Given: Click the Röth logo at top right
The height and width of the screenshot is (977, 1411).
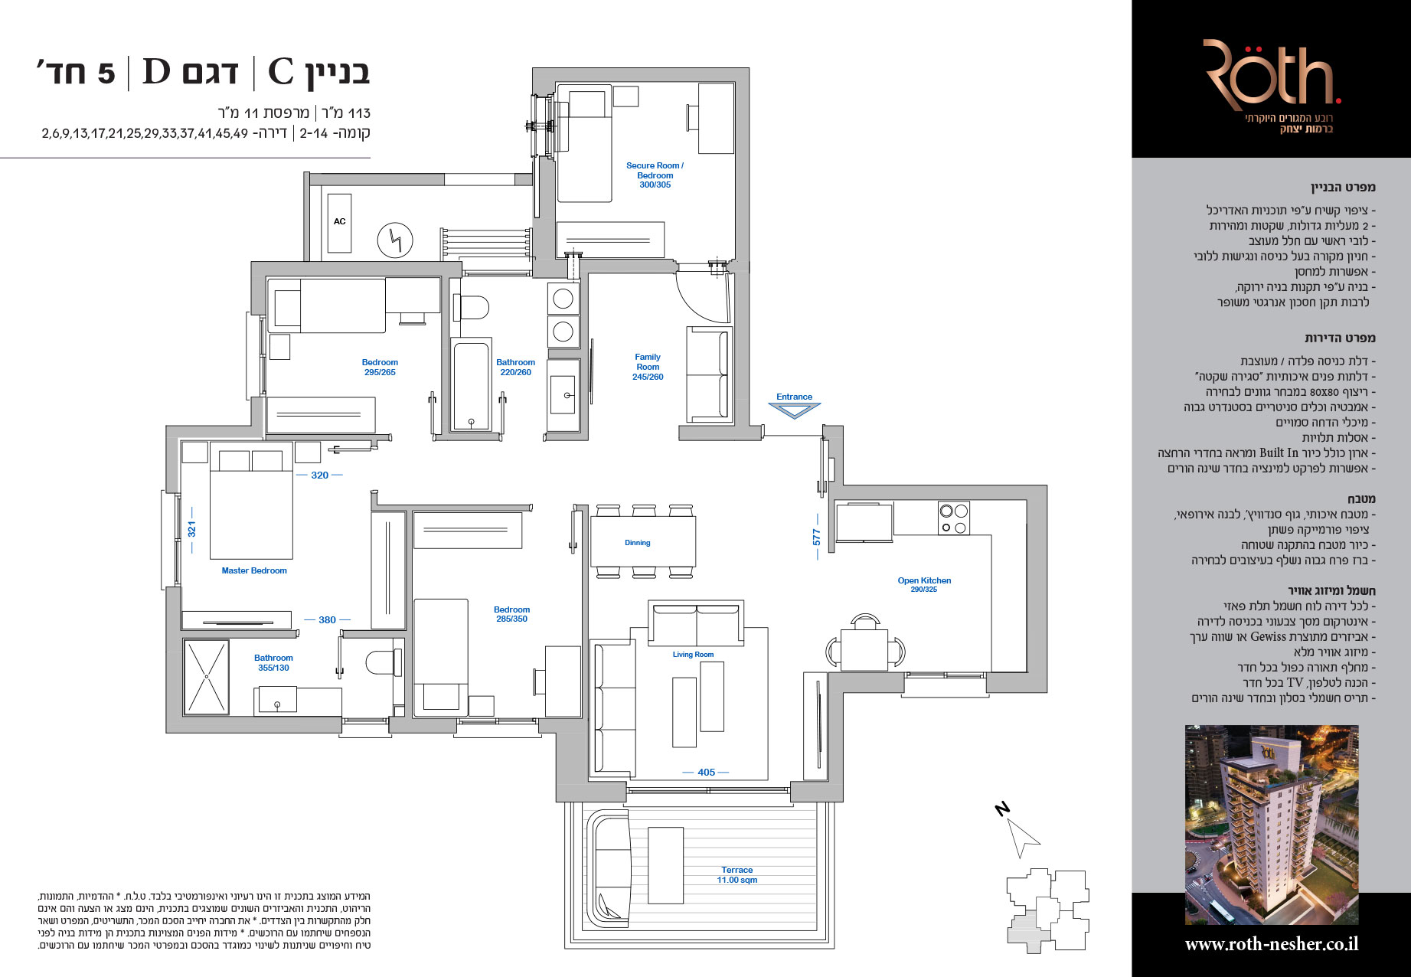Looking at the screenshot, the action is click(1272, 75).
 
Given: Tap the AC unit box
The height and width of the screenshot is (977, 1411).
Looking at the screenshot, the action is click(340, 223).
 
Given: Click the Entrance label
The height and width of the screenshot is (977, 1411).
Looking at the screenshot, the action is click(794, 397).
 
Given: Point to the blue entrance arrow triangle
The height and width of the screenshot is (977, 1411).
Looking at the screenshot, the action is click(795, 411).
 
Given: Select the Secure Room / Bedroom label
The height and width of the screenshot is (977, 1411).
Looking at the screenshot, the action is click(655, 175).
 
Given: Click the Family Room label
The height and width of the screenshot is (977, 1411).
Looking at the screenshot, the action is click(648, 367).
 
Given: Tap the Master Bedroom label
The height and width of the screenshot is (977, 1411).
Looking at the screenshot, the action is click(254, 570).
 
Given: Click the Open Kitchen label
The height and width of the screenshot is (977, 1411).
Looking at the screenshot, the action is click(924, 584).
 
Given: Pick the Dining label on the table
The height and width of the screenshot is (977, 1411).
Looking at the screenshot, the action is click(637, 543).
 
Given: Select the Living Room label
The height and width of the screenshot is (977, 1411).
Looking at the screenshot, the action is click(693, 655).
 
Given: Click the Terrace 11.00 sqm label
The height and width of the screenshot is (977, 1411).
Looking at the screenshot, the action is click(737, 875).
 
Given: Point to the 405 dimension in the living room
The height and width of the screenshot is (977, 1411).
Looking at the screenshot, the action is click(706, 773).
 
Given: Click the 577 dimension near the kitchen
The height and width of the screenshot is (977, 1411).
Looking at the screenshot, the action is click(817, 537).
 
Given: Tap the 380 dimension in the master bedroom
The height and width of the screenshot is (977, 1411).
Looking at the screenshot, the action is click(327, 620).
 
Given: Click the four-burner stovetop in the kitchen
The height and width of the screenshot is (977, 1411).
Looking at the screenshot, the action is click(954, 518).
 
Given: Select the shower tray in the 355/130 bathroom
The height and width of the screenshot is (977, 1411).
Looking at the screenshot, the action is click(206, 677).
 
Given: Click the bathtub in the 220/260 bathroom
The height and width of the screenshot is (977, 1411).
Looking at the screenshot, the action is click(470, 385).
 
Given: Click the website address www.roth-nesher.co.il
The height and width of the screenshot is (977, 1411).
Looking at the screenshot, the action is click(1272, 944).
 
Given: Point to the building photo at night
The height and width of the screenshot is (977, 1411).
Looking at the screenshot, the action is click(1272, 825).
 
